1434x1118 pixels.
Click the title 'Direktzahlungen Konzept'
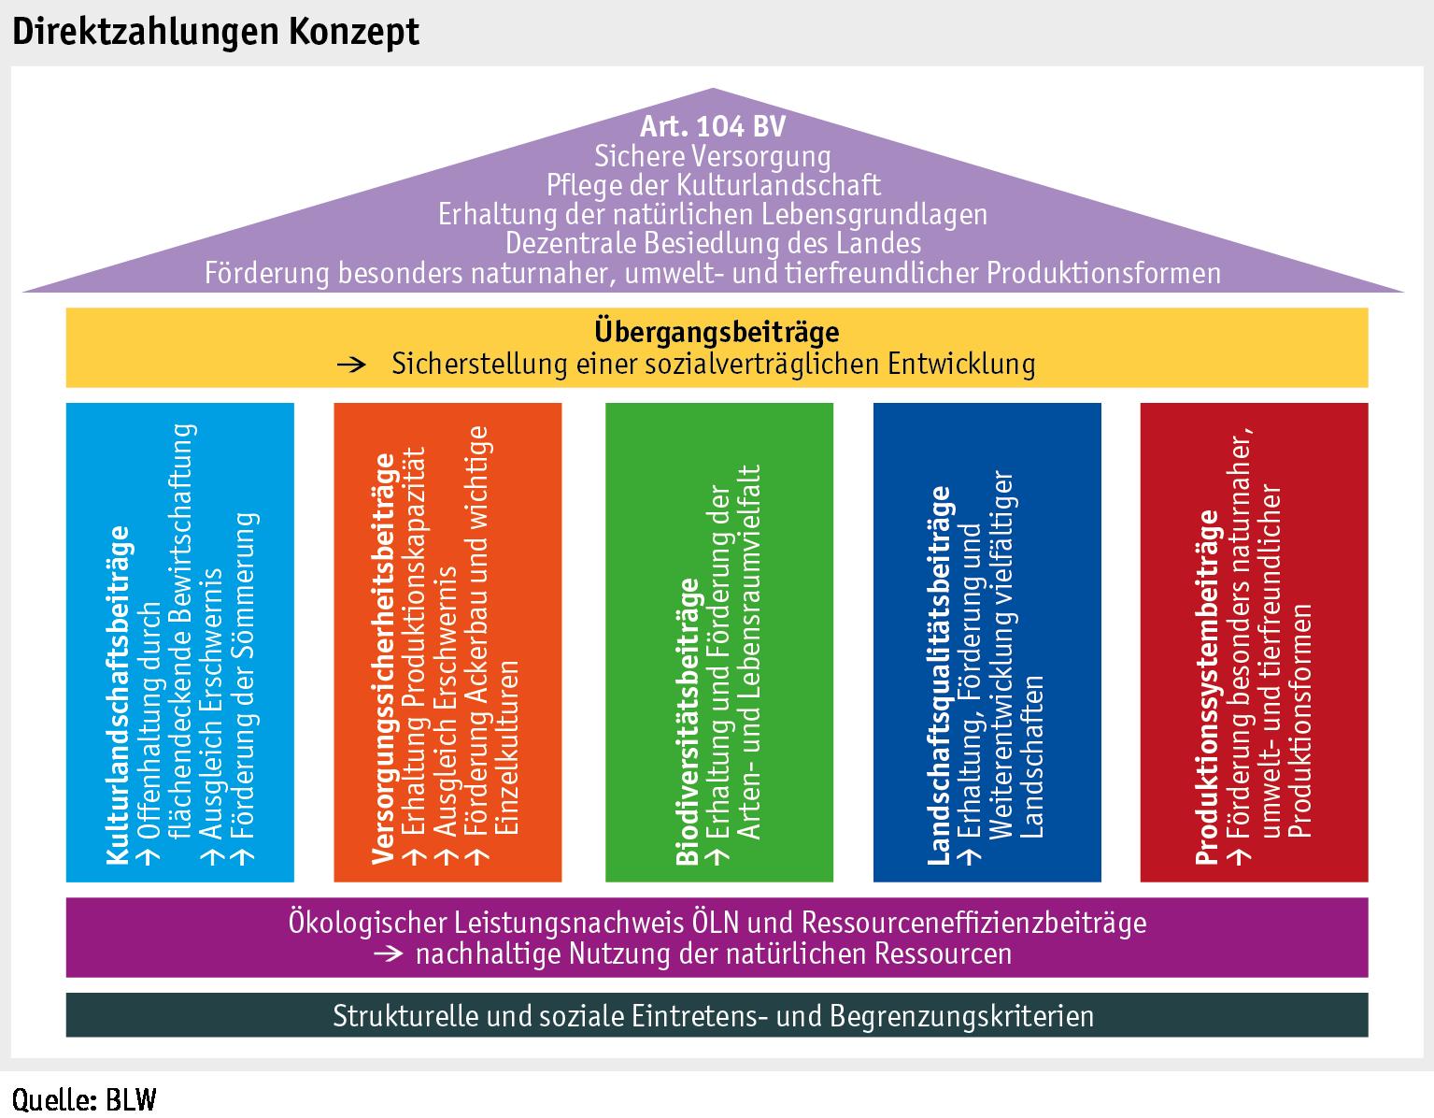pos(216,31)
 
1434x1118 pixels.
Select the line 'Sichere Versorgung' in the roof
pos(713,155)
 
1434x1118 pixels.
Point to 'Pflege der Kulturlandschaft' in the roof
pos(713,184)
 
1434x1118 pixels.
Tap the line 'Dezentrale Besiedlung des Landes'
pos(713,243)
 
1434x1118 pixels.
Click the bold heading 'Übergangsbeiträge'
pos(717,332)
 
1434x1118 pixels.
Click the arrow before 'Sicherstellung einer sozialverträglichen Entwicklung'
pos(352,364)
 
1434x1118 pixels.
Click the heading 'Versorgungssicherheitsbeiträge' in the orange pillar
pos(385,656)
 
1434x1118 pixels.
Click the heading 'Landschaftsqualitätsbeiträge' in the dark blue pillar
pos(940,675)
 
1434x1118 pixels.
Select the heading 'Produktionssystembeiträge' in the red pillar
pos(1208,686)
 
